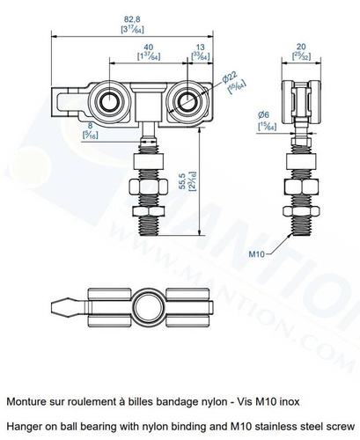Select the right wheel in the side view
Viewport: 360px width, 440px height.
[x=187, y=100]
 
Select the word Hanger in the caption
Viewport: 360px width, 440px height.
[x=25, y=427]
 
